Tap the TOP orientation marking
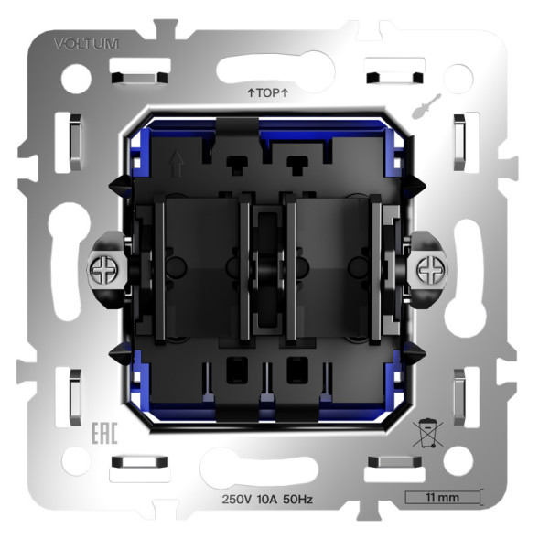pos(268,93)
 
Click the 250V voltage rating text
pos(238,499)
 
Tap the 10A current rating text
pos(272,499)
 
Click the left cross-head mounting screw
pos(102,269)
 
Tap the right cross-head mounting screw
pos(428,269)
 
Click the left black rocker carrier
pos(201,270)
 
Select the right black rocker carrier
pos(331,270)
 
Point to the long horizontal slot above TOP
pos(266,69)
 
